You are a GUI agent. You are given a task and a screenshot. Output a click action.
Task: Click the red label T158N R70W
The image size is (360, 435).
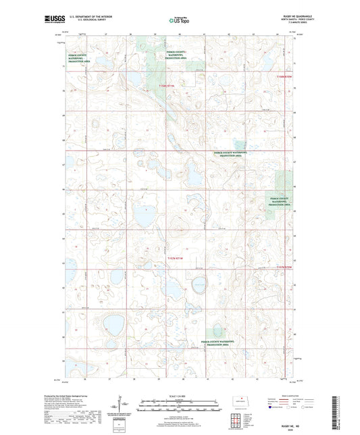click(x=286, y=77)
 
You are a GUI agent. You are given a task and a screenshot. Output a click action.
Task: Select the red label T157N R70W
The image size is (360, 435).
click(x=287, y=267)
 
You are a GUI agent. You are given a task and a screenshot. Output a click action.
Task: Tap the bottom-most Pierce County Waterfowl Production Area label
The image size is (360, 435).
click(x=219, y=345)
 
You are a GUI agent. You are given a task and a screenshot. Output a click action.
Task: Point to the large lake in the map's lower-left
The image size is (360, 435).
click(x=111, y=325)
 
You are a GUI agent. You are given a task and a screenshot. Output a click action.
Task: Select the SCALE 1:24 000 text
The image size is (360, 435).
click(x=179, y=396)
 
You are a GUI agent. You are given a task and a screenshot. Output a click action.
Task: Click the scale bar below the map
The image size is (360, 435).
click(x=179, y=407)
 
